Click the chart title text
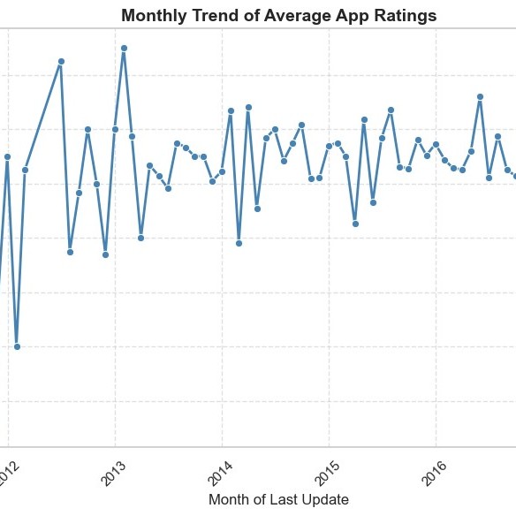pyautogui.click(x=279, y=16)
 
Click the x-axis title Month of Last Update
pyautogui.click(x=278, y=499)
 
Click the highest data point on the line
pyautogui.click(x=124, y=49)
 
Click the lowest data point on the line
pyautogui.click(x=17, y=346)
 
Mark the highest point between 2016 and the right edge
pyautogui.click(x=480, y=97)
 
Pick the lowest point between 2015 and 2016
pyautogui.click(x=355, y=224)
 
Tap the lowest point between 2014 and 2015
pyautogui.click(x=239, y=243)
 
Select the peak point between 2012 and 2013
pyautogui.click(x=61, y=62)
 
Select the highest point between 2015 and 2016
pyautogui.click(x=391, y=110)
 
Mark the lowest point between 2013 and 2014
pyautogui.click(x=140, y=238)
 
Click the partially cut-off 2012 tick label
pyautogui.click(x=8, y=474)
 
